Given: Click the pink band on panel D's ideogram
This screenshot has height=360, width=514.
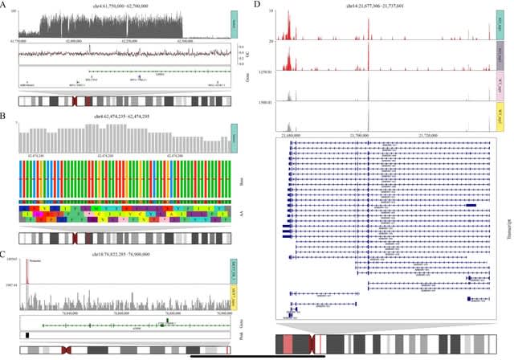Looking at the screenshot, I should pyautogui.click(x=288, y=343).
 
